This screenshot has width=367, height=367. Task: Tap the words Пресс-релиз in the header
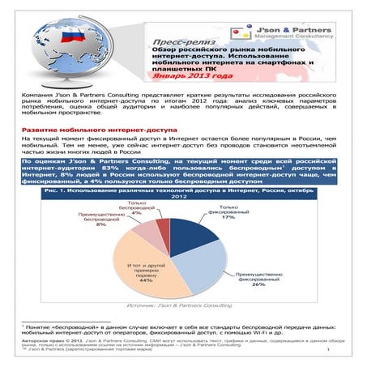coord(177,40)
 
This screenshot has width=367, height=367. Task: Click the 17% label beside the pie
coord(228,217)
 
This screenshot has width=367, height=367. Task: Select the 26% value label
coord(258,284)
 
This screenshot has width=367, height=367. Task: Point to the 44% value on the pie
coord(145,280)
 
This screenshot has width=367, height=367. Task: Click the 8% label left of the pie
coord(101,224)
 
